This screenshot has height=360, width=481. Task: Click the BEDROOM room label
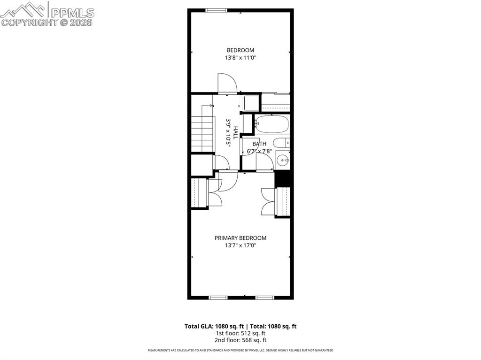(x=240, y=50)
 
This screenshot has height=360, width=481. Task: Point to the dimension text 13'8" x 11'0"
(x=240, y=58)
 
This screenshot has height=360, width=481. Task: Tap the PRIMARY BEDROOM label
(x=240, y=238)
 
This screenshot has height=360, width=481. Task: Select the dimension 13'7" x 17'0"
(x=240, y=245)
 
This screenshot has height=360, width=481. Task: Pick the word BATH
(x=259, y=144)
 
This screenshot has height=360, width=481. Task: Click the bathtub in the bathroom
(x=272, y=125)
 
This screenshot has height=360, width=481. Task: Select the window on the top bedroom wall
(x=217, y=10)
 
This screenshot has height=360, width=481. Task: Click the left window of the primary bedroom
(x=218, y=297)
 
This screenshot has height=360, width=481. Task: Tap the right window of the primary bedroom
(x=265, y=297)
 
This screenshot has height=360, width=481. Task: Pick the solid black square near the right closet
(x=282, y=179)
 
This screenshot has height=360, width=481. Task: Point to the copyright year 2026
(x=83, y=22)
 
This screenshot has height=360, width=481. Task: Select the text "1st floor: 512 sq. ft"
(x=240, y=333)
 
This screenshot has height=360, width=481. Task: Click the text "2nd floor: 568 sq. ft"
(x=240, y=340)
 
